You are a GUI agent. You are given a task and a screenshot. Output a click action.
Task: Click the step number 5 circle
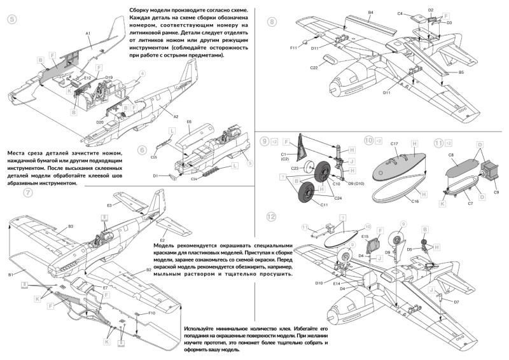(x=12, y=19)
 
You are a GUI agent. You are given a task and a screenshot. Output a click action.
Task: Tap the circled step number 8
(x=272, y=22)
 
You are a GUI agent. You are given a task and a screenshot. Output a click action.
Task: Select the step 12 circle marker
(x=272, y=216)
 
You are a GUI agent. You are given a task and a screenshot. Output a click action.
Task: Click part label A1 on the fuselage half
(x=88, y=32)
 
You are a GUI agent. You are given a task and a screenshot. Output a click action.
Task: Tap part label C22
(x=314, y=67)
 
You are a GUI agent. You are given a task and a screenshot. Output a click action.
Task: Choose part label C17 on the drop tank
(x=394, y=145)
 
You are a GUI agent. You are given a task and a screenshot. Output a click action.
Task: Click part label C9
(x=496, y=192)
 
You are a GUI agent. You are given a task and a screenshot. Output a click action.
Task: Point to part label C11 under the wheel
(x=324, y=205)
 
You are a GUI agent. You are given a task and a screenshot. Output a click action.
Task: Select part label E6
(x=189, y=121)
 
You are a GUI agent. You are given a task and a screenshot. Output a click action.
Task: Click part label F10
(x=152, y=313)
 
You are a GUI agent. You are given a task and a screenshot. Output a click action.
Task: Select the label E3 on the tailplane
(x=109, y=206)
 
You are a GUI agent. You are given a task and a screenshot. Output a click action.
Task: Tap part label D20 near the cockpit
(x=100, y=121)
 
